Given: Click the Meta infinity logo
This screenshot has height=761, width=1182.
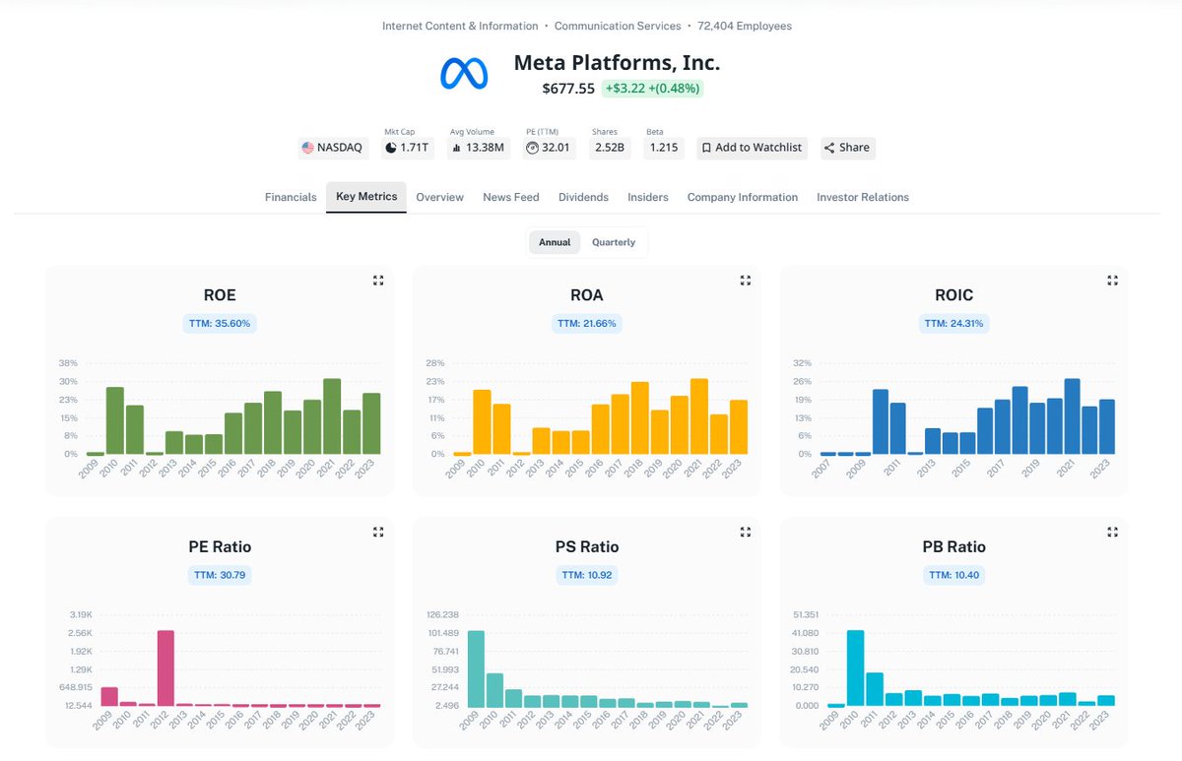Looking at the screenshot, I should tap(464, 74).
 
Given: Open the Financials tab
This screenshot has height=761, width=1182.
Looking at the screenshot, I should tap(291, 197).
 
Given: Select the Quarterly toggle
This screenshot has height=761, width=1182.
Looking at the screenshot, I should tap(613, 242).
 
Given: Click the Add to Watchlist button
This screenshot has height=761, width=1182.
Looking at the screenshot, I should tap(753, 148).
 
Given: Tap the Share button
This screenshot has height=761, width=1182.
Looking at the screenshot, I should tap(847, 148).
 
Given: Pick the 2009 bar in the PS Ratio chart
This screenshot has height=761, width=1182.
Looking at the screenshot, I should tap(476, 668).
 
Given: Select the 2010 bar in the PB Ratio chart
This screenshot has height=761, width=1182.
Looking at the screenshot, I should tap(855, 668).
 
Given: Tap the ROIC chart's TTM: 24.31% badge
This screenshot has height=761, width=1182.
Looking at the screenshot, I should tap(953, 323).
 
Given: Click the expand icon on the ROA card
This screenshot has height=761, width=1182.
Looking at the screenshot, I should tap(746, 281).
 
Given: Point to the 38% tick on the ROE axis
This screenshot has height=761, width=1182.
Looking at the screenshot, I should tap(68, 363).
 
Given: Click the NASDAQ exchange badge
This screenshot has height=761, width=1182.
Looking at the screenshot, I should tap(332, 148).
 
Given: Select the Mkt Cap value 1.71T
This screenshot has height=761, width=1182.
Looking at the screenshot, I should tap(408, 148).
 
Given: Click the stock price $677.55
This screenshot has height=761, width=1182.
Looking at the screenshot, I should tap(568, 89).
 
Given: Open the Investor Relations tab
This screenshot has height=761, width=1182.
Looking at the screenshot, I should tap(862, 197).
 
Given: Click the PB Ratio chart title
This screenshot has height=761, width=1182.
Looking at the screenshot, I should tap(953, 546).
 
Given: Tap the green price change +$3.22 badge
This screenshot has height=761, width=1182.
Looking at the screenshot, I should tap(652, 89).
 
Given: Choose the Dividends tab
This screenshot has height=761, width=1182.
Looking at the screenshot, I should tap(583, 197).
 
